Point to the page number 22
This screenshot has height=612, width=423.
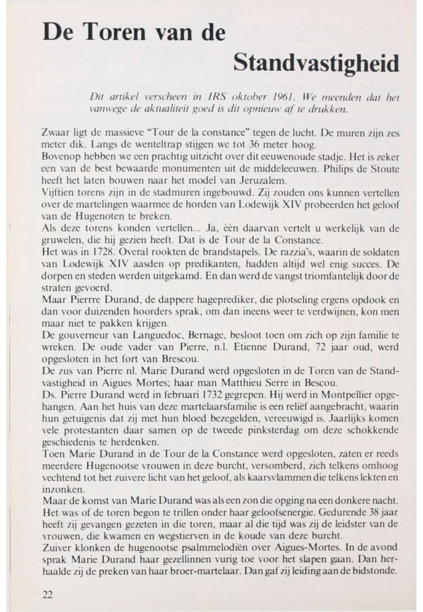tap(48, 594)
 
